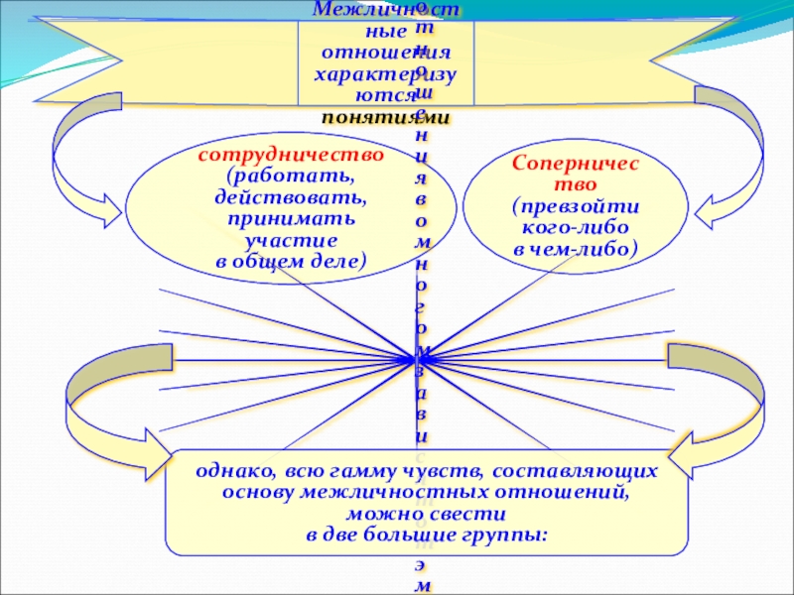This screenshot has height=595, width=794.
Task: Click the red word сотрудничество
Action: point(291,156)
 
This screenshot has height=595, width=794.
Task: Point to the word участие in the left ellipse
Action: point(291,239)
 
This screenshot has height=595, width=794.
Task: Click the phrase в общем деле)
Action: point(291,261)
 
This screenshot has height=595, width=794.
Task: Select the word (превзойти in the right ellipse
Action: point(576,207)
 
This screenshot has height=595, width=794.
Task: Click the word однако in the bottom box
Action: point(227,471)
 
